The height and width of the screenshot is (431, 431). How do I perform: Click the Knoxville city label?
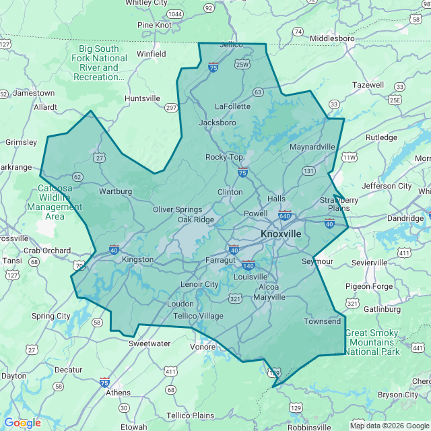(x=281, y=234)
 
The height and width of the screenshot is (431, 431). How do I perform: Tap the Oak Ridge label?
(x=196, y=220)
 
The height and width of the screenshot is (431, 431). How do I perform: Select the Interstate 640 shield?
(x=285, y=215)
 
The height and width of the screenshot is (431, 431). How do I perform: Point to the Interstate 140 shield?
(x=248, y=265)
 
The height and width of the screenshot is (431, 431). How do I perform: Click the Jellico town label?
(x=231, y=45)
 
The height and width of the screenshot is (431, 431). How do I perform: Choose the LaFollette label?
(x=232, y=106)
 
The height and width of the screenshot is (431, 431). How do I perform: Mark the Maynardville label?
(x=312, y=147)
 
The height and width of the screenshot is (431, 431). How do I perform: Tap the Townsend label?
(x=323, y=322)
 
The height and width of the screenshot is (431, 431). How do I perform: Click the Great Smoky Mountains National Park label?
(x=372, y=342)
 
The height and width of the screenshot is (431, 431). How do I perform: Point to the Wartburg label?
(x=115, y=191)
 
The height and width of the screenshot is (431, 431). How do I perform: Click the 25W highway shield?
(x=242, y=65)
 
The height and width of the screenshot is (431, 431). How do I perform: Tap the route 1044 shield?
(x=176, y=13)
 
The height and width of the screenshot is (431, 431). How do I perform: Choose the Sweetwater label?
(x=150, y=343)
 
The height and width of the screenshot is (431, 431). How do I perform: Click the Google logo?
(x=22, y=423)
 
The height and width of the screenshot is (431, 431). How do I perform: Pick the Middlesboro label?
(x=332, y=38)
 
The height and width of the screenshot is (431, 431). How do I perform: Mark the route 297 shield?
(x=171, y=108)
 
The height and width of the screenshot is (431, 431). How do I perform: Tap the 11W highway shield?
(x=349, y=157)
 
